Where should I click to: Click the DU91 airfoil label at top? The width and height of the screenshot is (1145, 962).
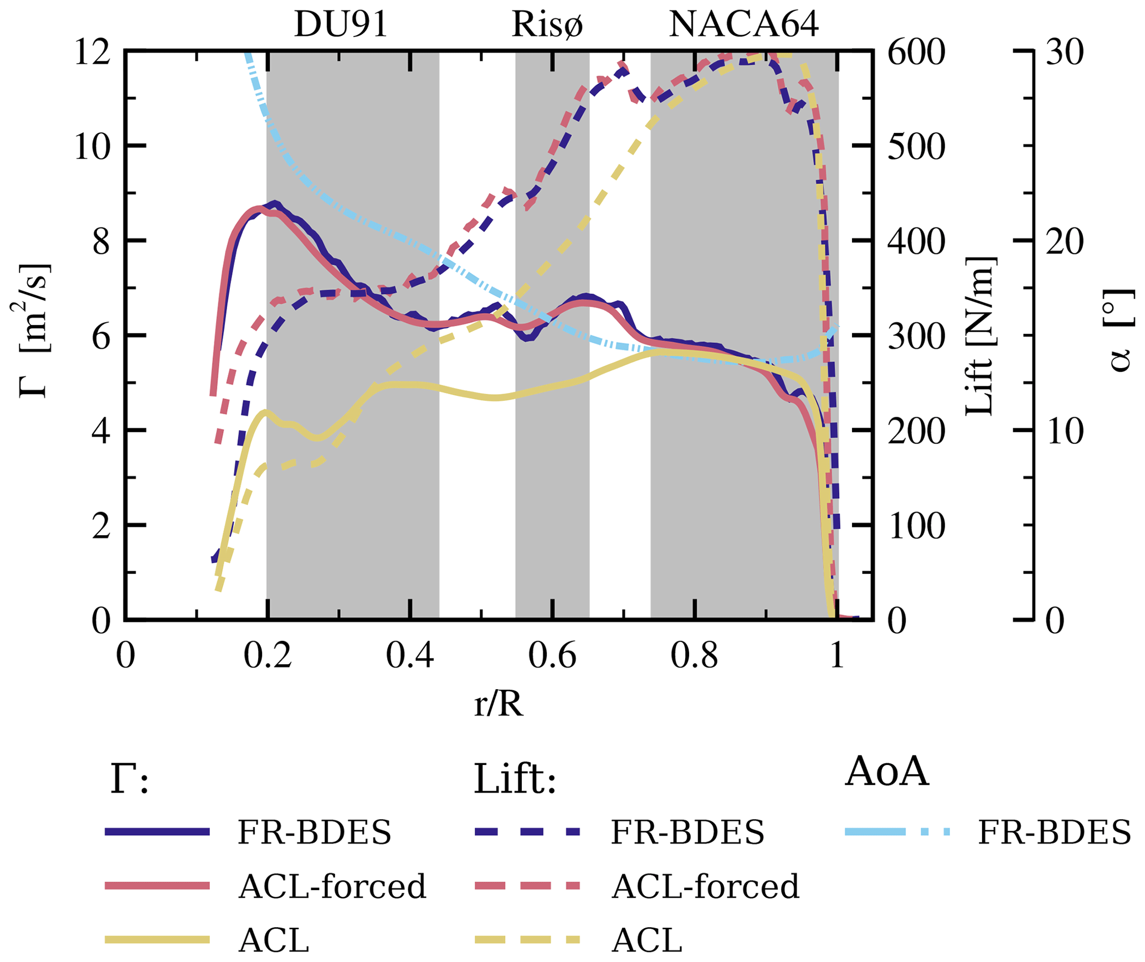click(x=340, y=25)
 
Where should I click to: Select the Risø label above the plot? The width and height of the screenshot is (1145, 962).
click(x=547, y=25)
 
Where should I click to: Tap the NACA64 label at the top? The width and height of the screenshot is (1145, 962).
click(x=743, y=25)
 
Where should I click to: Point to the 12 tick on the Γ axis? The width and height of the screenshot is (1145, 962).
click(x=93, y=53)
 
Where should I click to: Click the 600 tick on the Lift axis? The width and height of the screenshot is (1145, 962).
click(x=916, y=53)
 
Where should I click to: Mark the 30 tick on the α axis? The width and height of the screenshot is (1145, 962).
click(x=1064, y=53)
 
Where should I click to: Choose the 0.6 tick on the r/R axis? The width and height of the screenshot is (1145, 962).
click(x=552, y=656)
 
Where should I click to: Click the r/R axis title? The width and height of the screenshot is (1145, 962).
click(x=498, y=705)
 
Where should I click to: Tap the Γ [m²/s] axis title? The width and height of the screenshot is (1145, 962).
click(x=32, y=330)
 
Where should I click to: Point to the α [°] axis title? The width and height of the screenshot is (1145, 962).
click(x=1120, y=330)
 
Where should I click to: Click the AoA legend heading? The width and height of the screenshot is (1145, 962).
click(x=886, y=772)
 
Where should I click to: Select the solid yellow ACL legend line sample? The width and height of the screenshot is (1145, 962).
click(x=157, y=939)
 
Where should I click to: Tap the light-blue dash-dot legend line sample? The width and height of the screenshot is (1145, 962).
click(x=897, y=832)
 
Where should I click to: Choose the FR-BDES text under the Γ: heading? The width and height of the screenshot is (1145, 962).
click(x=314, y=832)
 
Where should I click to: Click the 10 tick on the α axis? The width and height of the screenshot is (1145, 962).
click(x=1064, y=431)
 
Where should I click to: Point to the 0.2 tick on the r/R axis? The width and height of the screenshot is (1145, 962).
click(x=268, y=656)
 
